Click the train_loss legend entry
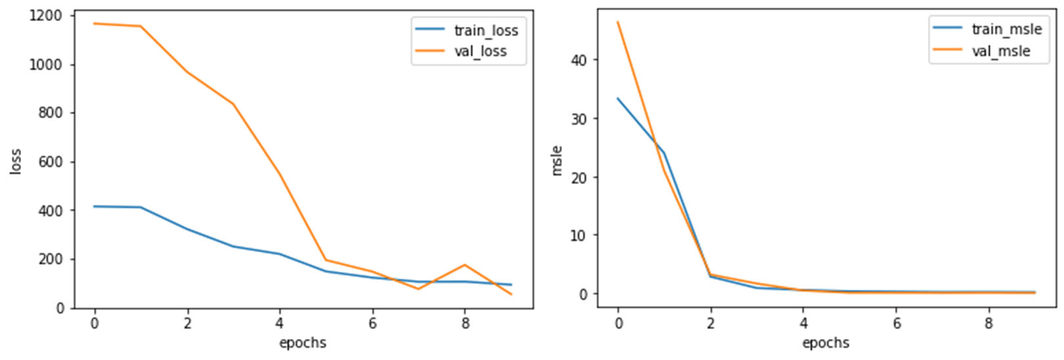486,30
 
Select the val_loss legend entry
480,51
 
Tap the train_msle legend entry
1006,29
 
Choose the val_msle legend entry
1001,51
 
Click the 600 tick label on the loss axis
51,162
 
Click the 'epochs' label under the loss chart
302,342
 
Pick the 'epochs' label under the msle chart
825,342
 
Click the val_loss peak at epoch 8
465,265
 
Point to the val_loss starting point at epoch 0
95,24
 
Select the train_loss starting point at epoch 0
95,206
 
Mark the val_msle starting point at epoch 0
618,22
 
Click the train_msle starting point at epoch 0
618,99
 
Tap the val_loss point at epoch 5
326,259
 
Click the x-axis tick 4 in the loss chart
280,323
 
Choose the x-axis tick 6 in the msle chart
896,323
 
